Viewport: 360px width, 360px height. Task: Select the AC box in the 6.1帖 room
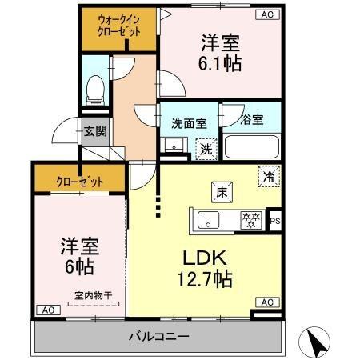pos(266,14)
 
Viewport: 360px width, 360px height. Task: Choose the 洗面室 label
pos(190,123)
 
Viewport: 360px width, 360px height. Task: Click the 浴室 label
pos(251,122)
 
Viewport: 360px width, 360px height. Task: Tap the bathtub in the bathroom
pos(250,146)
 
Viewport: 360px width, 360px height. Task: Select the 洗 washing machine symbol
pos(206,148)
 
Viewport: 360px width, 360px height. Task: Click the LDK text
pos(210,260)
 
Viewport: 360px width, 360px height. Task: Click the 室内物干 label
pos(94,295)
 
